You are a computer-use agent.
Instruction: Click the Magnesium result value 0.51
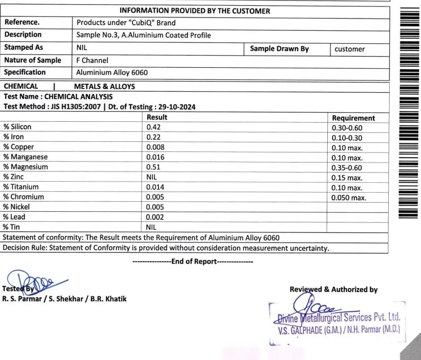[154, 167]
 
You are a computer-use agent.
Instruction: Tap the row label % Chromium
[23, 197]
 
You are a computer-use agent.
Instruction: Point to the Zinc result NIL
[152, 177]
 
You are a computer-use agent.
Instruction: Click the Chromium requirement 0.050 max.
[348, 197]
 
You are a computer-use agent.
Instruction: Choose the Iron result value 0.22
[154, 138]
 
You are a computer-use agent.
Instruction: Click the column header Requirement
[353, 118]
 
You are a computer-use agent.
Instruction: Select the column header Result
[157, 118]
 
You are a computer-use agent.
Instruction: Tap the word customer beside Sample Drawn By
[350, 49]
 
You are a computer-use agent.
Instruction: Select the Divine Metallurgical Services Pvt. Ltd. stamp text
[338, 318]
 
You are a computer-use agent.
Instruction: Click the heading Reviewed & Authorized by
[334, 290]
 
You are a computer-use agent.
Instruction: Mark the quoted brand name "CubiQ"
[137, 23]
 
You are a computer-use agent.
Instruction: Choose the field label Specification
[25, 72]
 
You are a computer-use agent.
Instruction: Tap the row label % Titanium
[21, 187]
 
